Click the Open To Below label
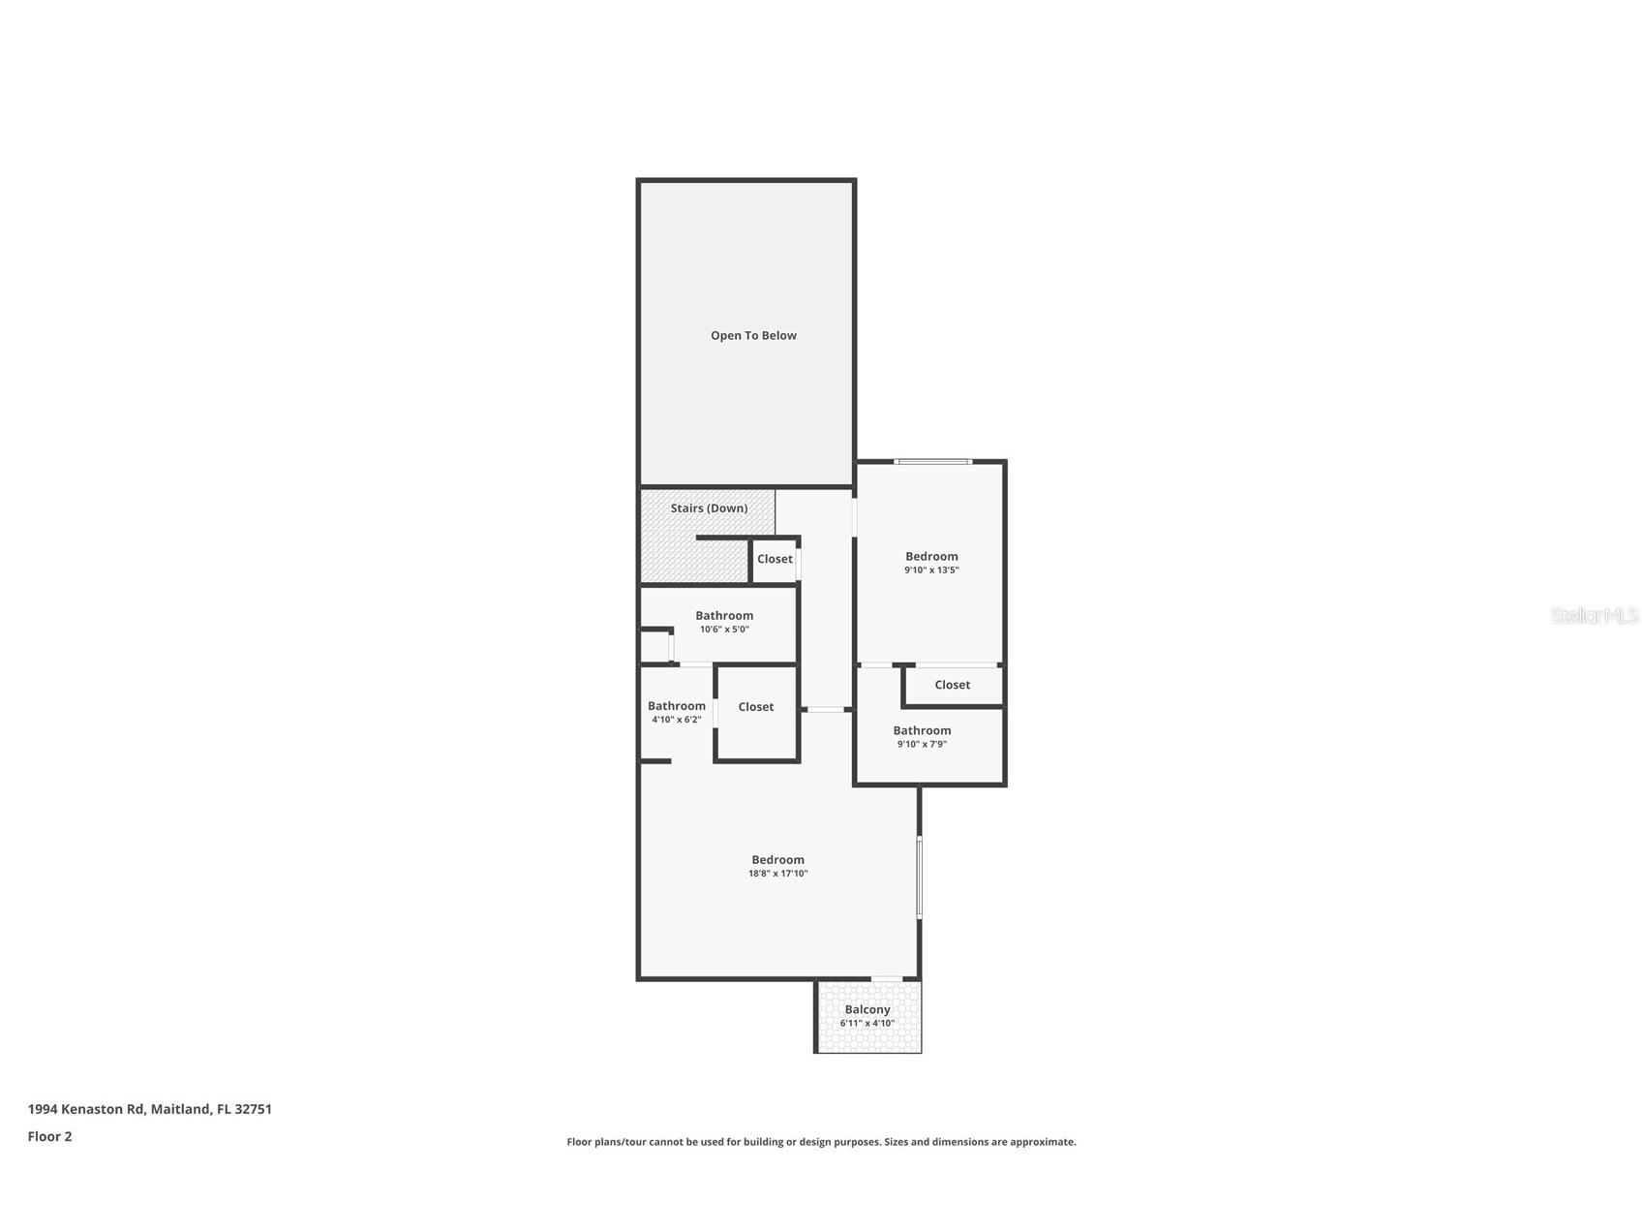coord(753,336)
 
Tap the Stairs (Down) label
coord(709,508)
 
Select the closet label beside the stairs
coord(775,559)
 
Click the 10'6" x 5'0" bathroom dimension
coord(724,630)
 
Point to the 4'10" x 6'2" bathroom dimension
coord(676,720)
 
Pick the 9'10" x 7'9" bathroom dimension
coord(922,745)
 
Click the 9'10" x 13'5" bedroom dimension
coord(931,570)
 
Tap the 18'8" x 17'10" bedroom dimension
coord(777,874)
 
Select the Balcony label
coord(867,1009)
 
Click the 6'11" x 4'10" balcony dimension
coord(867,1023)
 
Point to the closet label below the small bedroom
coord(952,685)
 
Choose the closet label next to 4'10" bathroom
coord(755,707)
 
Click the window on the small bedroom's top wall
coord(931,462)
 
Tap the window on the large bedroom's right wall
coord(919,877)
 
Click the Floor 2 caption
coord(49,1137)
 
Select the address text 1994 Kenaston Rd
coord(86,1109)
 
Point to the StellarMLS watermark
coord(1594,616)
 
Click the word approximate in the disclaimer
coord(1042,1142)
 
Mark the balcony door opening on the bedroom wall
coord(886,979)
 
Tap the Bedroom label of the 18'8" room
coord(777,860)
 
